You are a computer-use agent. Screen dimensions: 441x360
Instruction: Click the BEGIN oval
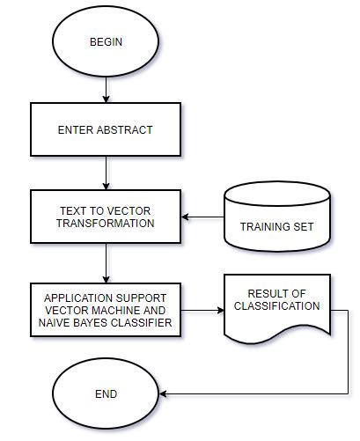tap(106, 41)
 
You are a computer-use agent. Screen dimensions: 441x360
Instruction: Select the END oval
tap(105, 393)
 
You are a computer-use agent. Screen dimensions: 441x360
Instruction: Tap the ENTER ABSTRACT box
tap(106, 130)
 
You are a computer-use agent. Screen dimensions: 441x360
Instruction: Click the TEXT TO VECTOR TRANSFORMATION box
tap(106, 217)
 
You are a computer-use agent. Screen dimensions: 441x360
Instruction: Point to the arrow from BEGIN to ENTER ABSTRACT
tap(106, 88)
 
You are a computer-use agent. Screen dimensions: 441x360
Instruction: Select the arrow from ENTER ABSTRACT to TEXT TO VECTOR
tap(106, 173)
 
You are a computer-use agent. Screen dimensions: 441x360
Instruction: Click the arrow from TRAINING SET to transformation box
tap(202, 217)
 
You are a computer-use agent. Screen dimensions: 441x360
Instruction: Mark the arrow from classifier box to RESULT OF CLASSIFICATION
tap(203, 309)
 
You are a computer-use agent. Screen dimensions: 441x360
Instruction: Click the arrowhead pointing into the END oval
tap(164, 395)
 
